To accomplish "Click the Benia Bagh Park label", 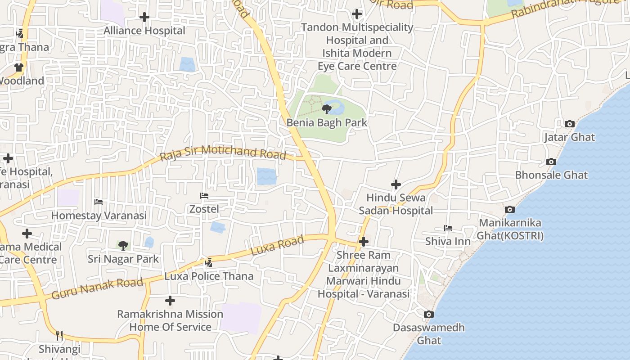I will (327, 122).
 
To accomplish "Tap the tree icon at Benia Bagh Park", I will (327, 109).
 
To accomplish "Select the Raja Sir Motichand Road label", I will (223, 153).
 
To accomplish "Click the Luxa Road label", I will (277, 246).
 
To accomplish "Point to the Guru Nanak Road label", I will (97, 288).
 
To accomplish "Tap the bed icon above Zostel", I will (204, 196).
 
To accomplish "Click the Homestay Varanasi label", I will (99, 216).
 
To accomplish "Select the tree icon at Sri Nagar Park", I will (123, 246).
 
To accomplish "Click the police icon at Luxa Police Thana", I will (209, 262).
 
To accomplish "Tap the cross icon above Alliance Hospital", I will (144, 17).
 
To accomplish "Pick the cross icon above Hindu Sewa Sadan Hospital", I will (396, 184).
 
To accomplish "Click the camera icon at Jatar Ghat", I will (569, 124).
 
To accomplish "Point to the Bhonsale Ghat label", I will (551, 175).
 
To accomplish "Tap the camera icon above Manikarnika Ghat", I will (510, 209).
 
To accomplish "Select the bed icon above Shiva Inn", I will (448, 228).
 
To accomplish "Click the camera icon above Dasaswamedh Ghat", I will (429, 314).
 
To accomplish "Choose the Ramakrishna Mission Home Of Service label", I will (170, 320).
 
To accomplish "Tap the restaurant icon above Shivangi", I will (59, 335).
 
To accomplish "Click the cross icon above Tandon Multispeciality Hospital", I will (357, 14).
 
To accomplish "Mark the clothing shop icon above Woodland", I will (18, 67).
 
